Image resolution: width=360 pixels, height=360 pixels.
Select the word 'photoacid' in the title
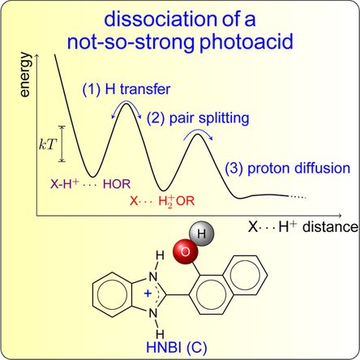(x=246, y=43)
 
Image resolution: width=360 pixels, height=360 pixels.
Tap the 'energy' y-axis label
(x=25, y=75)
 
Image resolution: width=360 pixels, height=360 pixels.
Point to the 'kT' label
(x=48, y=145)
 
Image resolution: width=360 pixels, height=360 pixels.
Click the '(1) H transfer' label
(x=126, y=89)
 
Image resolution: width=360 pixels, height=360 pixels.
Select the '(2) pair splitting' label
(x=198, y=118)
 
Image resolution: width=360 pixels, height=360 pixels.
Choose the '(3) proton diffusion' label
(x=288, y=168)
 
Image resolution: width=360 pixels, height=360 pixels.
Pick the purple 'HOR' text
(x=117, y=184)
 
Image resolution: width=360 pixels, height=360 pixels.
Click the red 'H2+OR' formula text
(x=177, y=201)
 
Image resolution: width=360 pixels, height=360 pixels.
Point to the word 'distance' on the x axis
(x=330, y=227)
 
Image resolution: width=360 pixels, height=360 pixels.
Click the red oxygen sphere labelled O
(x=186, y=252)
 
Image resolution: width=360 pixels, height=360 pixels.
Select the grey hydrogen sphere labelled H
(x=202, y=234)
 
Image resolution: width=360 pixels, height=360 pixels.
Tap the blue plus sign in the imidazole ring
(x=148, y=294)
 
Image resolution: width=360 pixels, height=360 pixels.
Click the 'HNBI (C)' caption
(x=176, y=347)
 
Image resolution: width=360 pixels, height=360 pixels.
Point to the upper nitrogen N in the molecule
(x=153, y=276)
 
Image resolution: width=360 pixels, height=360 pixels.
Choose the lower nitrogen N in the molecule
(x=153, y=313)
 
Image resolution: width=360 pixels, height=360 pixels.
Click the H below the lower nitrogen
(x=160, y=334)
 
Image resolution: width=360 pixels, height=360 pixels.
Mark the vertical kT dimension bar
(x=62, y=144)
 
